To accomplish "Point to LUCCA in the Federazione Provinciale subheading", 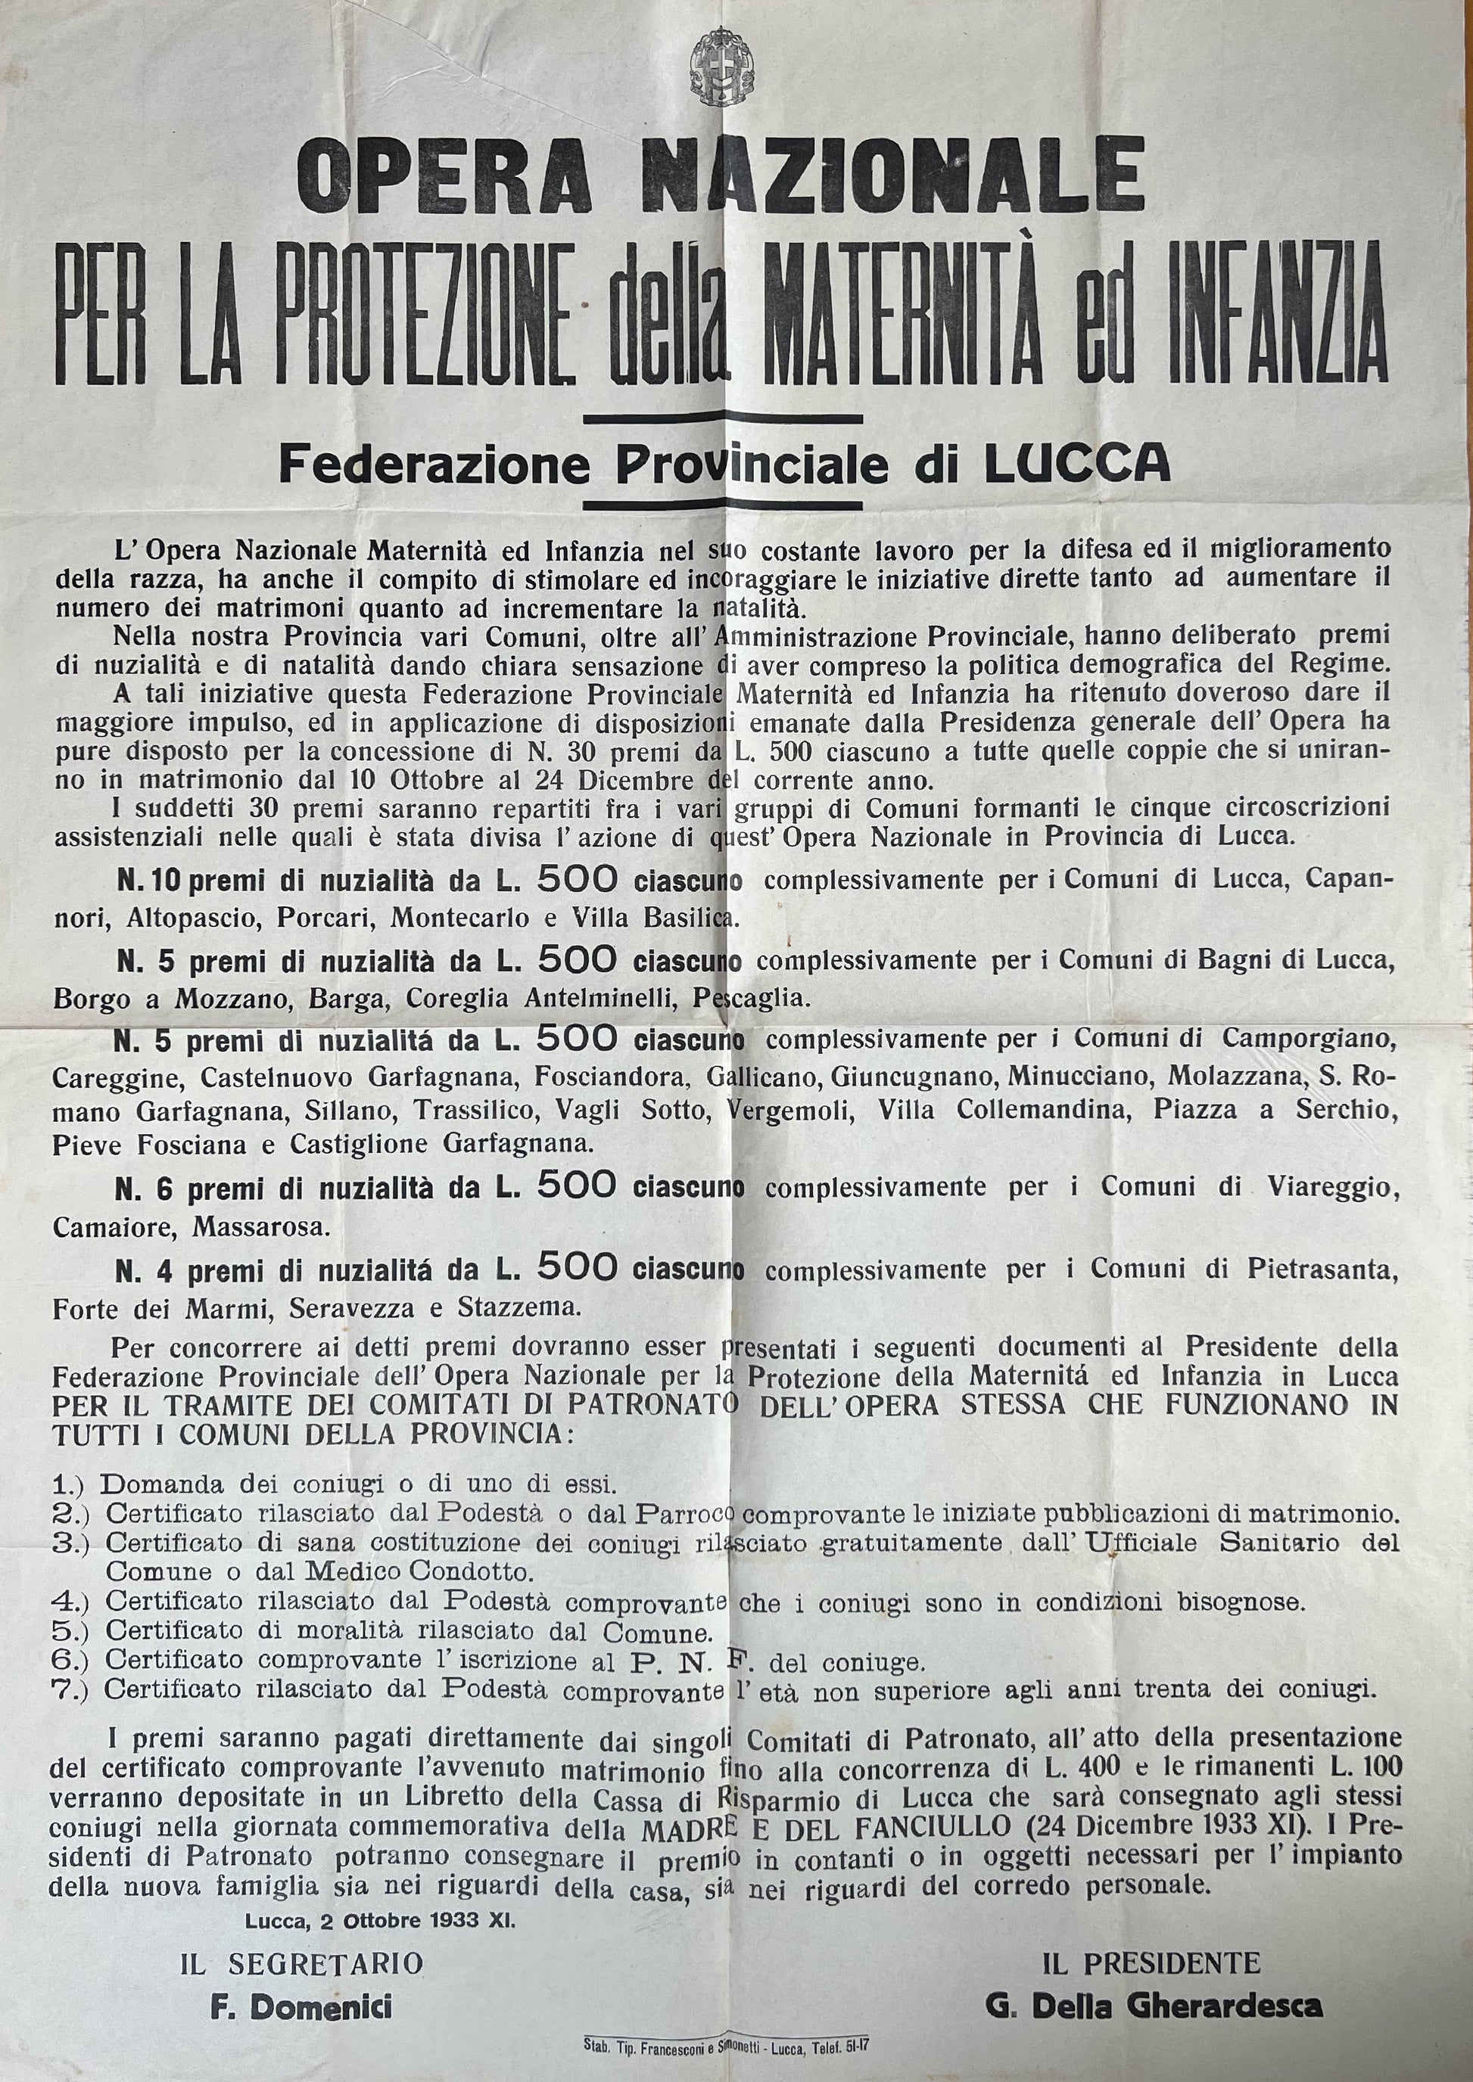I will tap(1076, 465).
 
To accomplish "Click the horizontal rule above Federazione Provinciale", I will tap(724, 419).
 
